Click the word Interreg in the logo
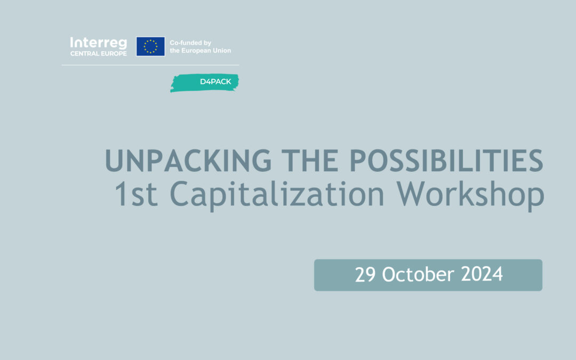tap(99, 43)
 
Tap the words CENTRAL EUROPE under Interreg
tap(99, 54)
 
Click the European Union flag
tap(150, 46)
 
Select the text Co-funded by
tap(190, 43)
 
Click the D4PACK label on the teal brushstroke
tap(215, 82)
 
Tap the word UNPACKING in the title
tap(188, 161)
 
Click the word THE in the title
tap(310, 161)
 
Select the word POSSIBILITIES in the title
tap(446, 161)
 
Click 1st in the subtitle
tap(137, 194)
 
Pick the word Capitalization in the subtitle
tap(277, 195)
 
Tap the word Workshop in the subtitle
tap(470, 195)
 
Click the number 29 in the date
tap(365, 275)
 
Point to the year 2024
tap(482, 275)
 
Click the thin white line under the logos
tap(150, 65)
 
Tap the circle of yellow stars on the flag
tap(150, 46)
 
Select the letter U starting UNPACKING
tap(115, 161)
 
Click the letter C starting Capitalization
tap(180, 194)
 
